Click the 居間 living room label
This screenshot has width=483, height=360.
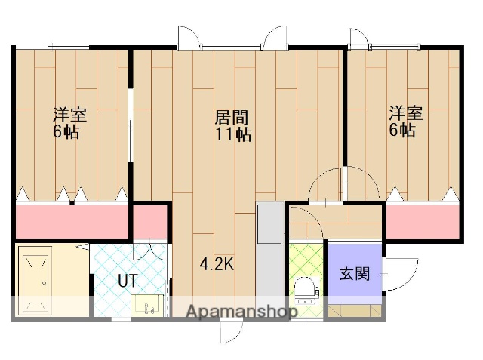232,118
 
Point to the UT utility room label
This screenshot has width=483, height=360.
128,281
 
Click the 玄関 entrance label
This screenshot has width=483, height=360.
354,273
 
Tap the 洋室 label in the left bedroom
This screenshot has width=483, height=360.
69,115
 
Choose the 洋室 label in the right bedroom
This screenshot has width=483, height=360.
405,114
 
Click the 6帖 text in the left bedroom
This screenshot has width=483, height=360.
66,132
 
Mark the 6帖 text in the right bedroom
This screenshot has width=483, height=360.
402,131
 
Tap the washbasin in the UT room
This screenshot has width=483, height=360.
147,304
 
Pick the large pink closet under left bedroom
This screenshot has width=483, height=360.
72,221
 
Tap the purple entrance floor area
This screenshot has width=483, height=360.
354,268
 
